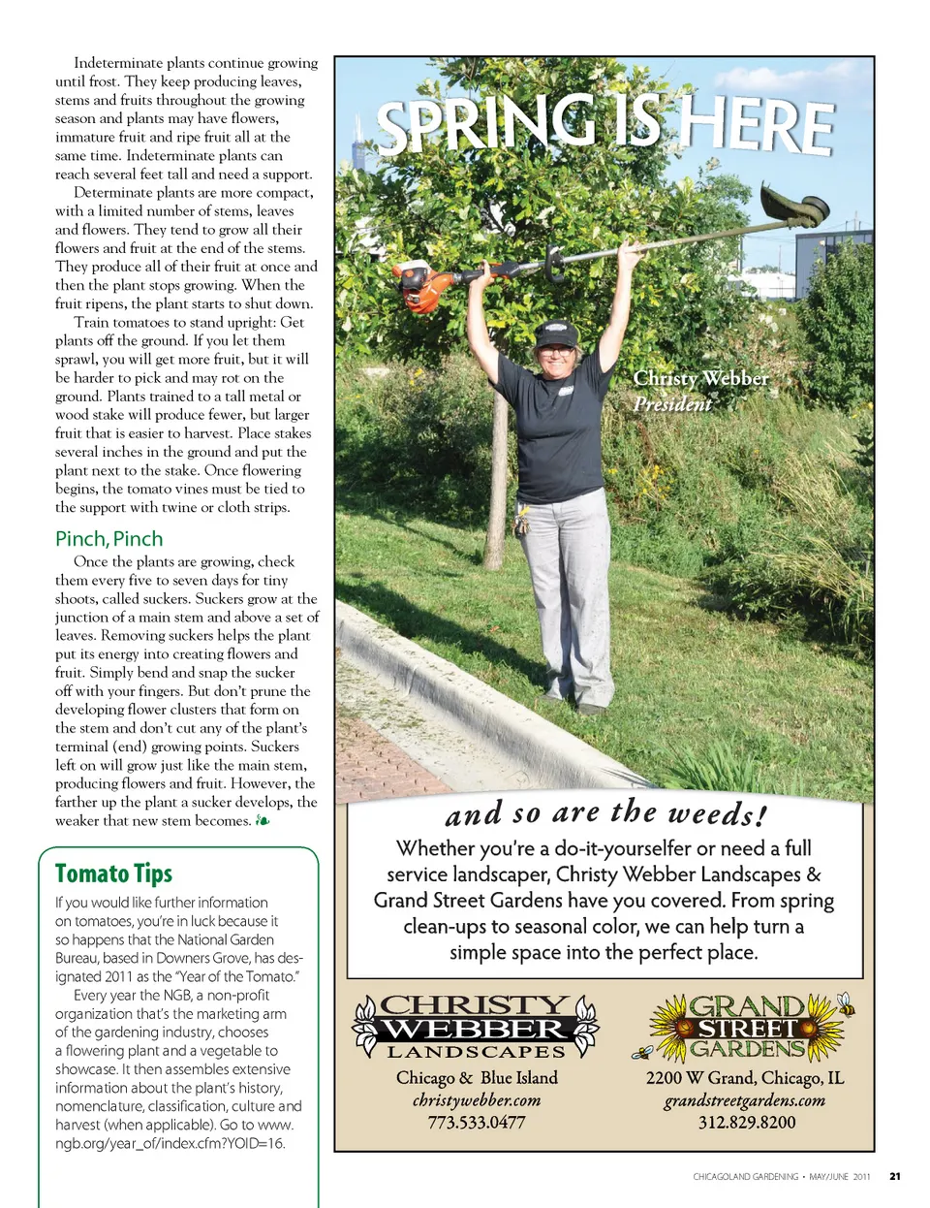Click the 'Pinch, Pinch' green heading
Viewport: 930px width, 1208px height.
coord(108,539)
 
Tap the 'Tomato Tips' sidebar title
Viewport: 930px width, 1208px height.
coord(113,874)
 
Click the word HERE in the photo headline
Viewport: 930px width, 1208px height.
coord(755,127)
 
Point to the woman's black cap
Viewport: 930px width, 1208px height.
coord(556,334)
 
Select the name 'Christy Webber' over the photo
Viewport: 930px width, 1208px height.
coord(700,378)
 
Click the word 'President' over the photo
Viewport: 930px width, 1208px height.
coord(672,403)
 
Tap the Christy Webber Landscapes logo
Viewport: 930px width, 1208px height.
coord(476,1027)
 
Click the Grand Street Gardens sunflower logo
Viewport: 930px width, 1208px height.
coord(744,1027)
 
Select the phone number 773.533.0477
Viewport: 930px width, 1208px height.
coord(477,1123)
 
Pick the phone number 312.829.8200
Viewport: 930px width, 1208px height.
coord(747,1123)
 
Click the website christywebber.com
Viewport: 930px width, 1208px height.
coord(477,1100)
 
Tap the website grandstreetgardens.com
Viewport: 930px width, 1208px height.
coord(744,1100)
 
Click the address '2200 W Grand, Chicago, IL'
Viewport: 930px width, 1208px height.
coord(744,1078)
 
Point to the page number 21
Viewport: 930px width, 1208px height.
coord(894,1177)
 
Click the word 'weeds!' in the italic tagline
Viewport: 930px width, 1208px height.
coord(718,812)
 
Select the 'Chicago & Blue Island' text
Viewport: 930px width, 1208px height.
coord(477,1078)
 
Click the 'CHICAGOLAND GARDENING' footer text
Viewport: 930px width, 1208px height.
coord(745,1177)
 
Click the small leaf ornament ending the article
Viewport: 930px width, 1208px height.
coord(263,821)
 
